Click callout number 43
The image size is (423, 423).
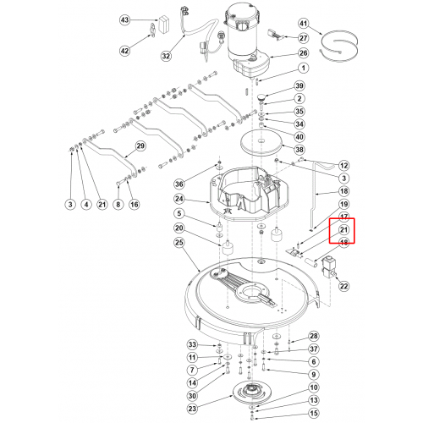tap(124, 20)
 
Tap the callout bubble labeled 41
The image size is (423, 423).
tap(303, 23)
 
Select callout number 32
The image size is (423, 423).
tap(166, 56)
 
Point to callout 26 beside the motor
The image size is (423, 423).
tap(303, 53)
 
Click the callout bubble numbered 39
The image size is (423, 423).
tap(299, 85)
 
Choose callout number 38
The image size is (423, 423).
tap(299, 150)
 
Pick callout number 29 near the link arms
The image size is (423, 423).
tap(140, 146)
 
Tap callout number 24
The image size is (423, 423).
tap(179, 199)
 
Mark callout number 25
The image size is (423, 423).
tap(179, 242)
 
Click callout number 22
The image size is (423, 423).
tap(343, 286)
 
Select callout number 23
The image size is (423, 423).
tap(192, 409)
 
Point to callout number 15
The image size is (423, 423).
tap(314, 413)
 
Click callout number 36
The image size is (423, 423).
tap(179, 184)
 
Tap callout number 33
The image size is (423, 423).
tap(192, 344)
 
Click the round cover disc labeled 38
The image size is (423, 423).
tap(261, 143)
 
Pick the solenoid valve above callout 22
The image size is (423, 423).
tap(328, 266)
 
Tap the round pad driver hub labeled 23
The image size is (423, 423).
tap(250, 393)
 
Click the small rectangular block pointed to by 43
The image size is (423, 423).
tap(163, 25)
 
